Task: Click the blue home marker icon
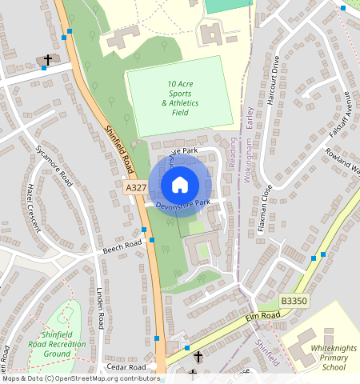pyautogui.click(x=180, y=185)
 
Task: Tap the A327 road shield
pyautogui.click(x=136, y=187)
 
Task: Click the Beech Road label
pyautogui.click(x=122, y=246)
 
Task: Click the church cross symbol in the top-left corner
pyautogui.click(x=47, y=60)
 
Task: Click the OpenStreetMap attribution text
pyautogui.click(x=80, y=378)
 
